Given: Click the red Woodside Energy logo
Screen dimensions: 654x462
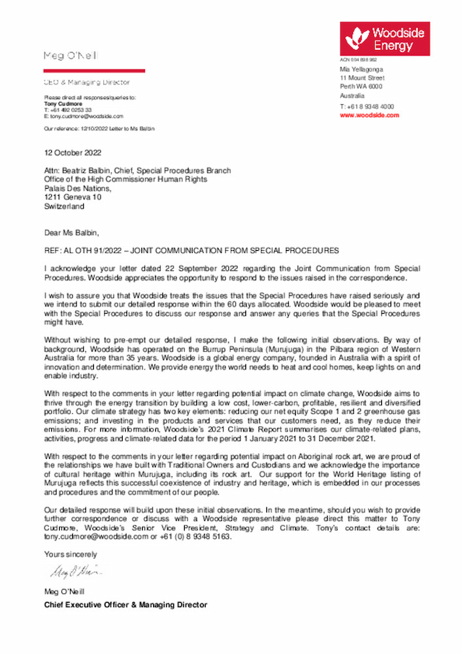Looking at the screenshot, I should click(x=385, y=38).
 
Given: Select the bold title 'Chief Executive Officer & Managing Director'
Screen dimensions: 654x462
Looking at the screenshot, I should click(x=126, y=605).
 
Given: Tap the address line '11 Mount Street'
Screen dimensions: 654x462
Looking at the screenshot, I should click(x=362, y=77).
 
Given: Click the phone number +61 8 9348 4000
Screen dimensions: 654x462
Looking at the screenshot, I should click(x=367, y=106).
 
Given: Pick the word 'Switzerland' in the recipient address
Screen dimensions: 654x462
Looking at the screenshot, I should click(x=64, y=206).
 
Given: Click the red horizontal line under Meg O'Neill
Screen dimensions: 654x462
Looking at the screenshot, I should click(x=95, y=71).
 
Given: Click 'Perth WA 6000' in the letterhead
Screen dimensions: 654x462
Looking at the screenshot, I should click(x=361, y=86).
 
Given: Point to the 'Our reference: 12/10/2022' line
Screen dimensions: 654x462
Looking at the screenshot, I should click(x=100, y=128).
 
